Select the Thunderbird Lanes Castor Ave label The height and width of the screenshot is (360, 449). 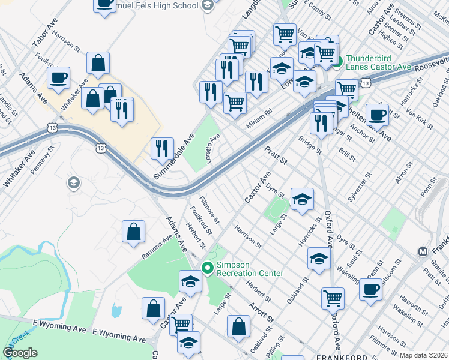point(378,62)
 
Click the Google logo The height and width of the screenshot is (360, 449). point(20,353)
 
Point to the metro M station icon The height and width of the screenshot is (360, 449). point(422,251)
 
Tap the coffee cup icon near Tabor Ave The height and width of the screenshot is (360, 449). point(59,78)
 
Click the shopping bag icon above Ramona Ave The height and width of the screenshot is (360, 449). point(133,232)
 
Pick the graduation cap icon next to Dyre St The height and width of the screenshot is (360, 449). point(302,199)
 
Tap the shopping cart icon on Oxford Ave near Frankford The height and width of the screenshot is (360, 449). point(333,297)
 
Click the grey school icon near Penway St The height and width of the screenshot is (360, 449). point(74,182)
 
